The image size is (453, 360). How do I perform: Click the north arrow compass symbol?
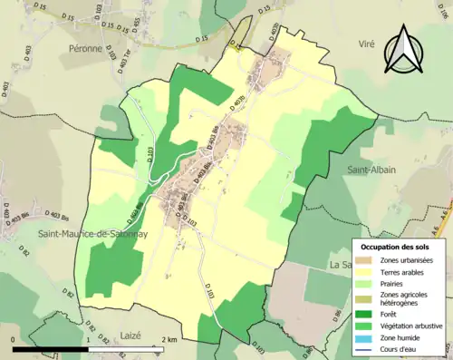(x=405, y=51)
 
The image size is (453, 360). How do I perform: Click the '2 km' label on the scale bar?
(x=169, y=338)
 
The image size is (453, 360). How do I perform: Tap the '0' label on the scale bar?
(x=12, y=338)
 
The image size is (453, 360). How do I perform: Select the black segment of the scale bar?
(x=50, y=345)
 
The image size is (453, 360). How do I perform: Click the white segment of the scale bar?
(x=125, y=345)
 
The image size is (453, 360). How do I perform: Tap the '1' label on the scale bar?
(x=88, y=338)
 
